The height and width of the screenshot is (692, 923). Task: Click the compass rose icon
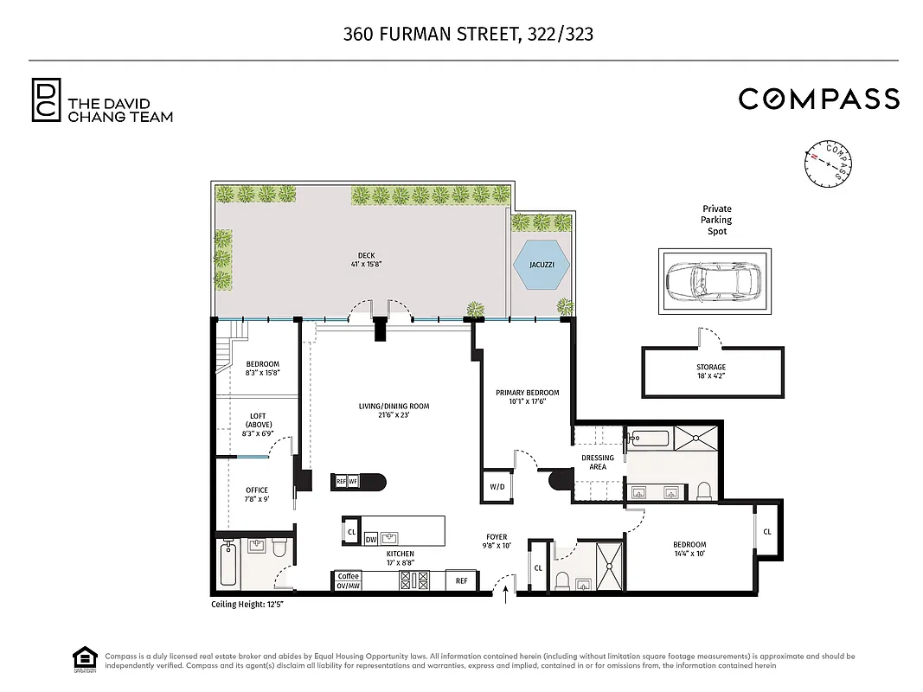829,163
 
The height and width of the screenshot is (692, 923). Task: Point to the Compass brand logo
818,99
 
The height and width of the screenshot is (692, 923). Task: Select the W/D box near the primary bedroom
497,487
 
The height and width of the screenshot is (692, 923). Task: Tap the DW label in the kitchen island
371,538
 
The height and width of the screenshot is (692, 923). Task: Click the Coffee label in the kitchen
348,576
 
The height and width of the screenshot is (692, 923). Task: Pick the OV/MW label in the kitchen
348,586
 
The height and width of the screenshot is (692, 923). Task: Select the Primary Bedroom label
527,397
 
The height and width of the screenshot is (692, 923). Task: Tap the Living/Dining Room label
394,411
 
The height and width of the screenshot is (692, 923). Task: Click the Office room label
257,495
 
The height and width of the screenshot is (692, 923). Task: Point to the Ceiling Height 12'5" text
247,604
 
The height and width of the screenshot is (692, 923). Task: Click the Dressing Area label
598,462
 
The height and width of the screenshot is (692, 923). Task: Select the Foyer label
497,541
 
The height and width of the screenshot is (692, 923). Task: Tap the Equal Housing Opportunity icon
83,659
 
